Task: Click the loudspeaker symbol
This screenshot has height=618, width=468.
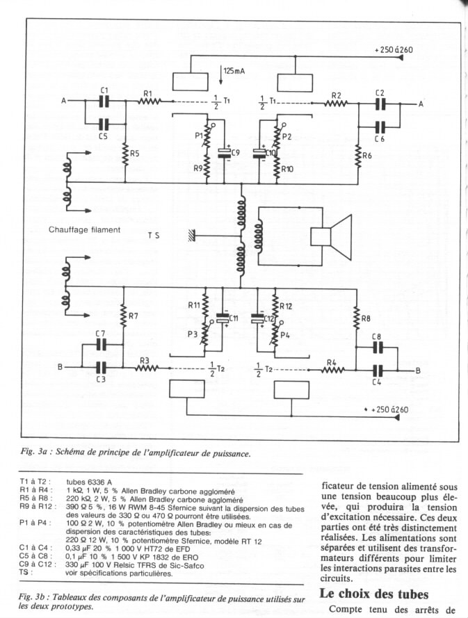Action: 331,237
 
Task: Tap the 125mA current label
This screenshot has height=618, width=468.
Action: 234,71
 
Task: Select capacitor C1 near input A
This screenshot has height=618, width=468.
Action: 104,101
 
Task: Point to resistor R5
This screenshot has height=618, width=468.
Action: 125,154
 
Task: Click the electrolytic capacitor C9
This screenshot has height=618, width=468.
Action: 225,153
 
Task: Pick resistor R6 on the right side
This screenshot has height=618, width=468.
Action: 358,156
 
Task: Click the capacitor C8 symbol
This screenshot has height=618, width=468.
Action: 378,347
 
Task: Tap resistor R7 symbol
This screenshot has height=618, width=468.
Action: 123,316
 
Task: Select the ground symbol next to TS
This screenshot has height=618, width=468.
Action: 192,236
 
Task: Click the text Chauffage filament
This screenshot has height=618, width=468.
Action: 84,229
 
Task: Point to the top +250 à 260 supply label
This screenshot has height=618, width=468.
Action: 394,49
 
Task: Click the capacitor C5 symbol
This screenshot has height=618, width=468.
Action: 104,124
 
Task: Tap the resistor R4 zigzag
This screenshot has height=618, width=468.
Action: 333,370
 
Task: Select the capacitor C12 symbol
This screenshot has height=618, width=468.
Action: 258,318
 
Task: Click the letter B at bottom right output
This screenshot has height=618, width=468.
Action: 418,371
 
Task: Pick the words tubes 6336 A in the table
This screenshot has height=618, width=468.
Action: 89,482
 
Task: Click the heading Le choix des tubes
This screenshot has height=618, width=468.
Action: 373,594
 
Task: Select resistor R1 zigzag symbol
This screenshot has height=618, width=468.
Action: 149,101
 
